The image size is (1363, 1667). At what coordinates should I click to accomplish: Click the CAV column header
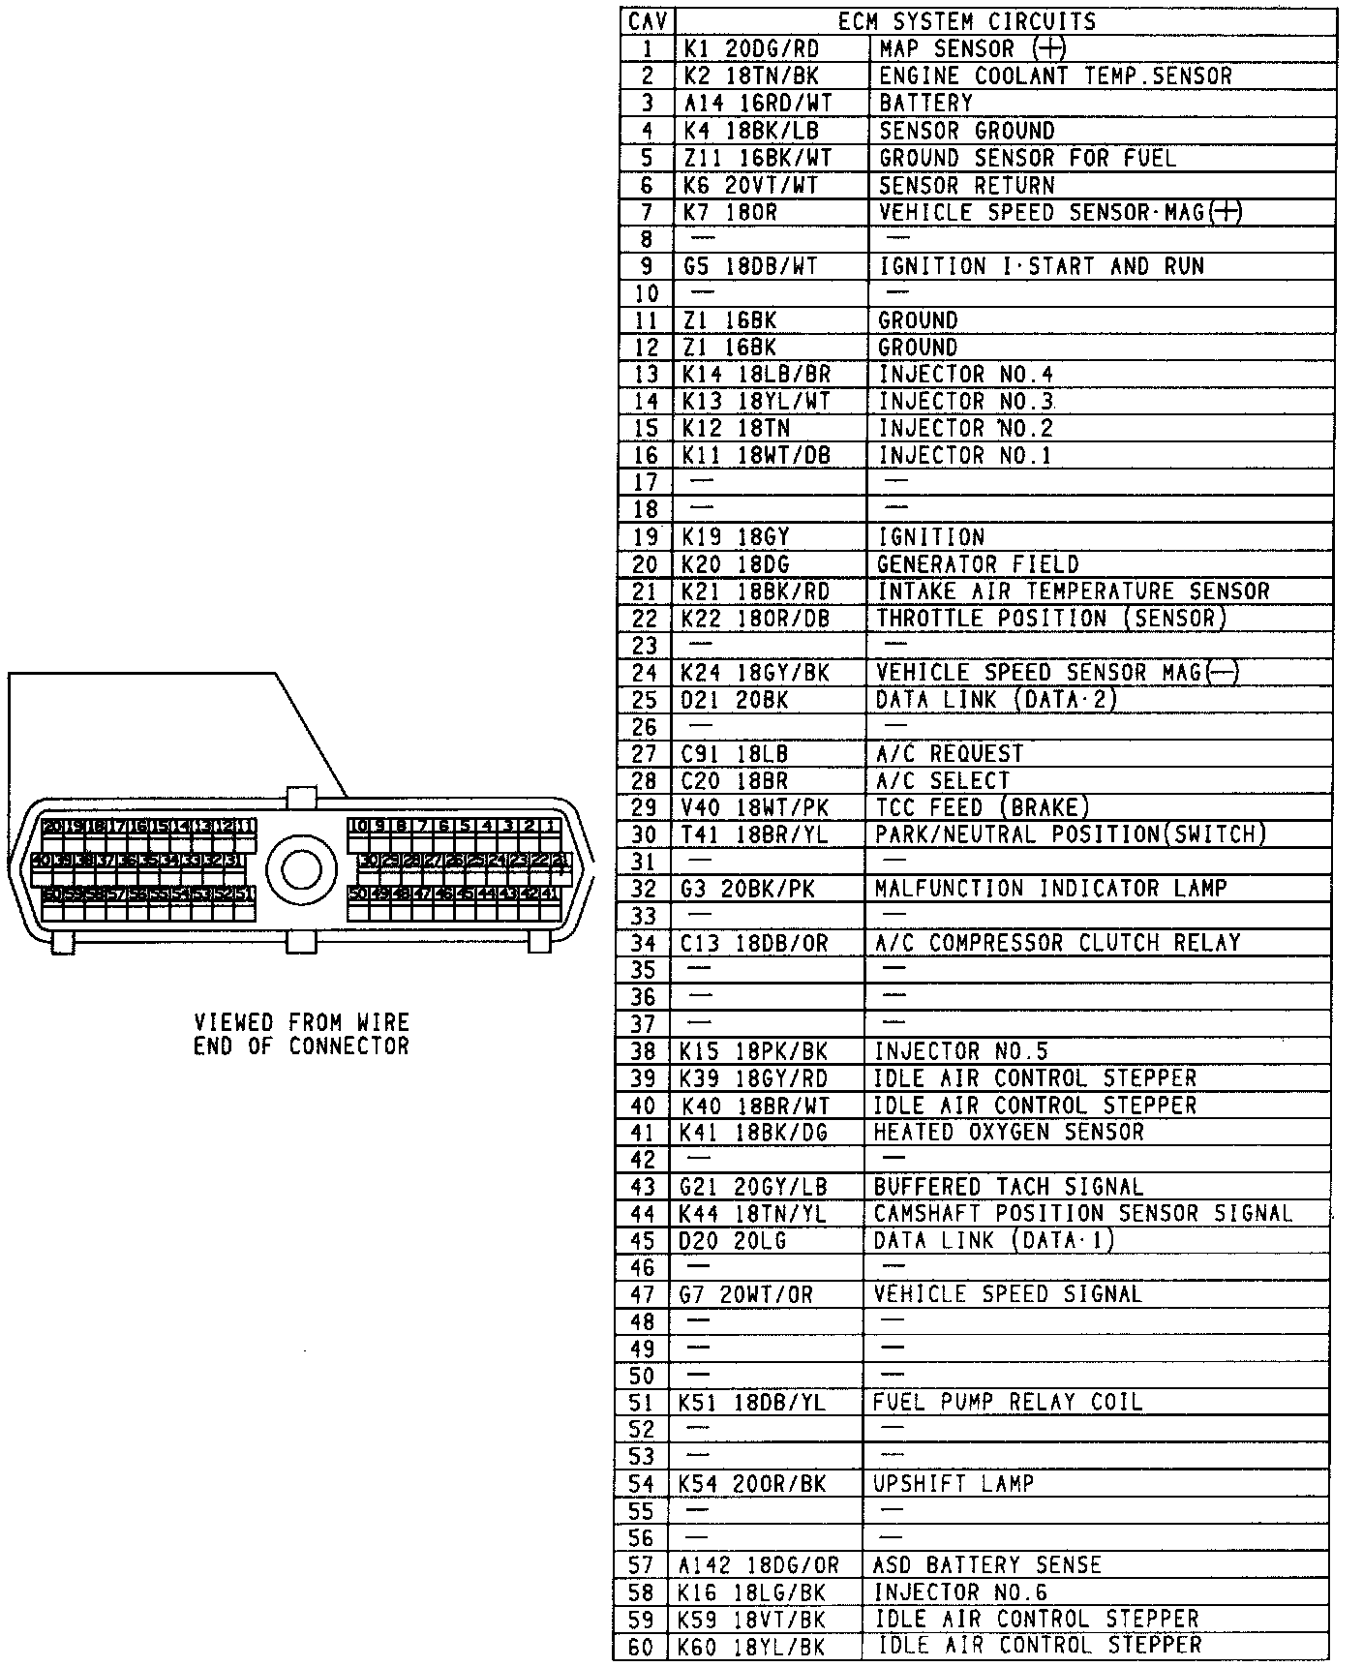(647, 21)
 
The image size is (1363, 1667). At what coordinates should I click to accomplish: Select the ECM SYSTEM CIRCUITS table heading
(966, 21)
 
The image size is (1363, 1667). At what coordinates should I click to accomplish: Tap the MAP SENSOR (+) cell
(972, 48)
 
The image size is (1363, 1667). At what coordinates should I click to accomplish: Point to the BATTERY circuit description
(925, 103)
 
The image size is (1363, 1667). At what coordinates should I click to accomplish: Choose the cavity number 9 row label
(647, 266)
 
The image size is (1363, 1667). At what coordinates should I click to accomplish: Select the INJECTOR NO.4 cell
(965, 375)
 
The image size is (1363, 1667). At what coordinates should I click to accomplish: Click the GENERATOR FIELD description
(978, 564)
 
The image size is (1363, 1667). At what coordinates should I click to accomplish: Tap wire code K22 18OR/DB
(756, 619)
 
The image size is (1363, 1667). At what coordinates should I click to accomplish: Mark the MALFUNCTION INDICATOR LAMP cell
(1050, 889)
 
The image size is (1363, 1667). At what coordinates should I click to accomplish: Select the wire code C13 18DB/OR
(754, 943)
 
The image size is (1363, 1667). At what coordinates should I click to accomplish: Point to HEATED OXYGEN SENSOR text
(1009, 1132)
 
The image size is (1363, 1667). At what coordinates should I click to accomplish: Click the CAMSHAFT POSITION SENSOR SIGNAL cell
(1083, 1213)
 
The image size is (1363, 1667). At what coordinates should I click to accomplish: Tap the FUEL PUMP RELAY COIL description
(1007, 1402)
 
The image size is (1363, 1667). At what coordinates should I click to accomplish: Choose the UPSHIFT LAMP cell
(954, 1483)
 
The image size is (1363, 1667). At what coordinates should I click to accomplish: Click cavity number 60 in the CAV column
(641, 1646)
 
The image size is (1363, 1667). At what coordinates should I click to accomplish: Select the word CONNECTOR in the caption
(348, 1046)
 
